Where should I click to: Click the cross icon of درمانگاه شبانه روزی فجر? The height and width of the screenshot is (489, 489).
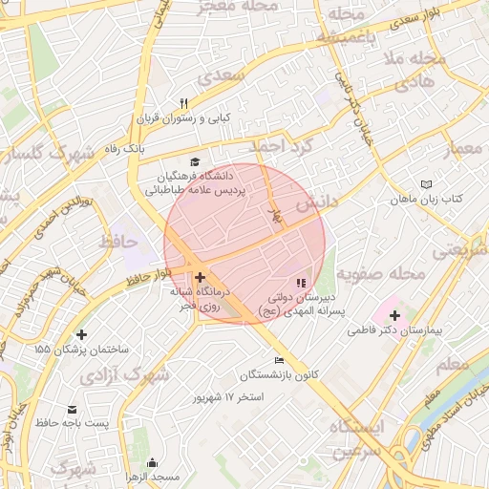coord(200,278)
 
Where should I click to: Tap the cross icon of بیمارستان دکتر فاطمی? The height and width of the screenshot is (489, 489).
coord(394,314)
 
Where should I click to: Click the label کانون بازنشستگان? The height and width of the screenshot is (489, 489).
coord(278,373)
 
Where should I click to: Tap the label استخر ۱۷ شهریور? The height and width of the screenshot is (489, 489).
coord(227,395)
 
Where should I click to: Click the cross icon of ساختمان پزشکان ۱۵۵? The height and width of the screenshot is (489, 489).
coord(80,335)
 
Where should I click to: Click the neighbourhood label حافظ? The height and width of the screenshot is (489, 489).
coord(119,241)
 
